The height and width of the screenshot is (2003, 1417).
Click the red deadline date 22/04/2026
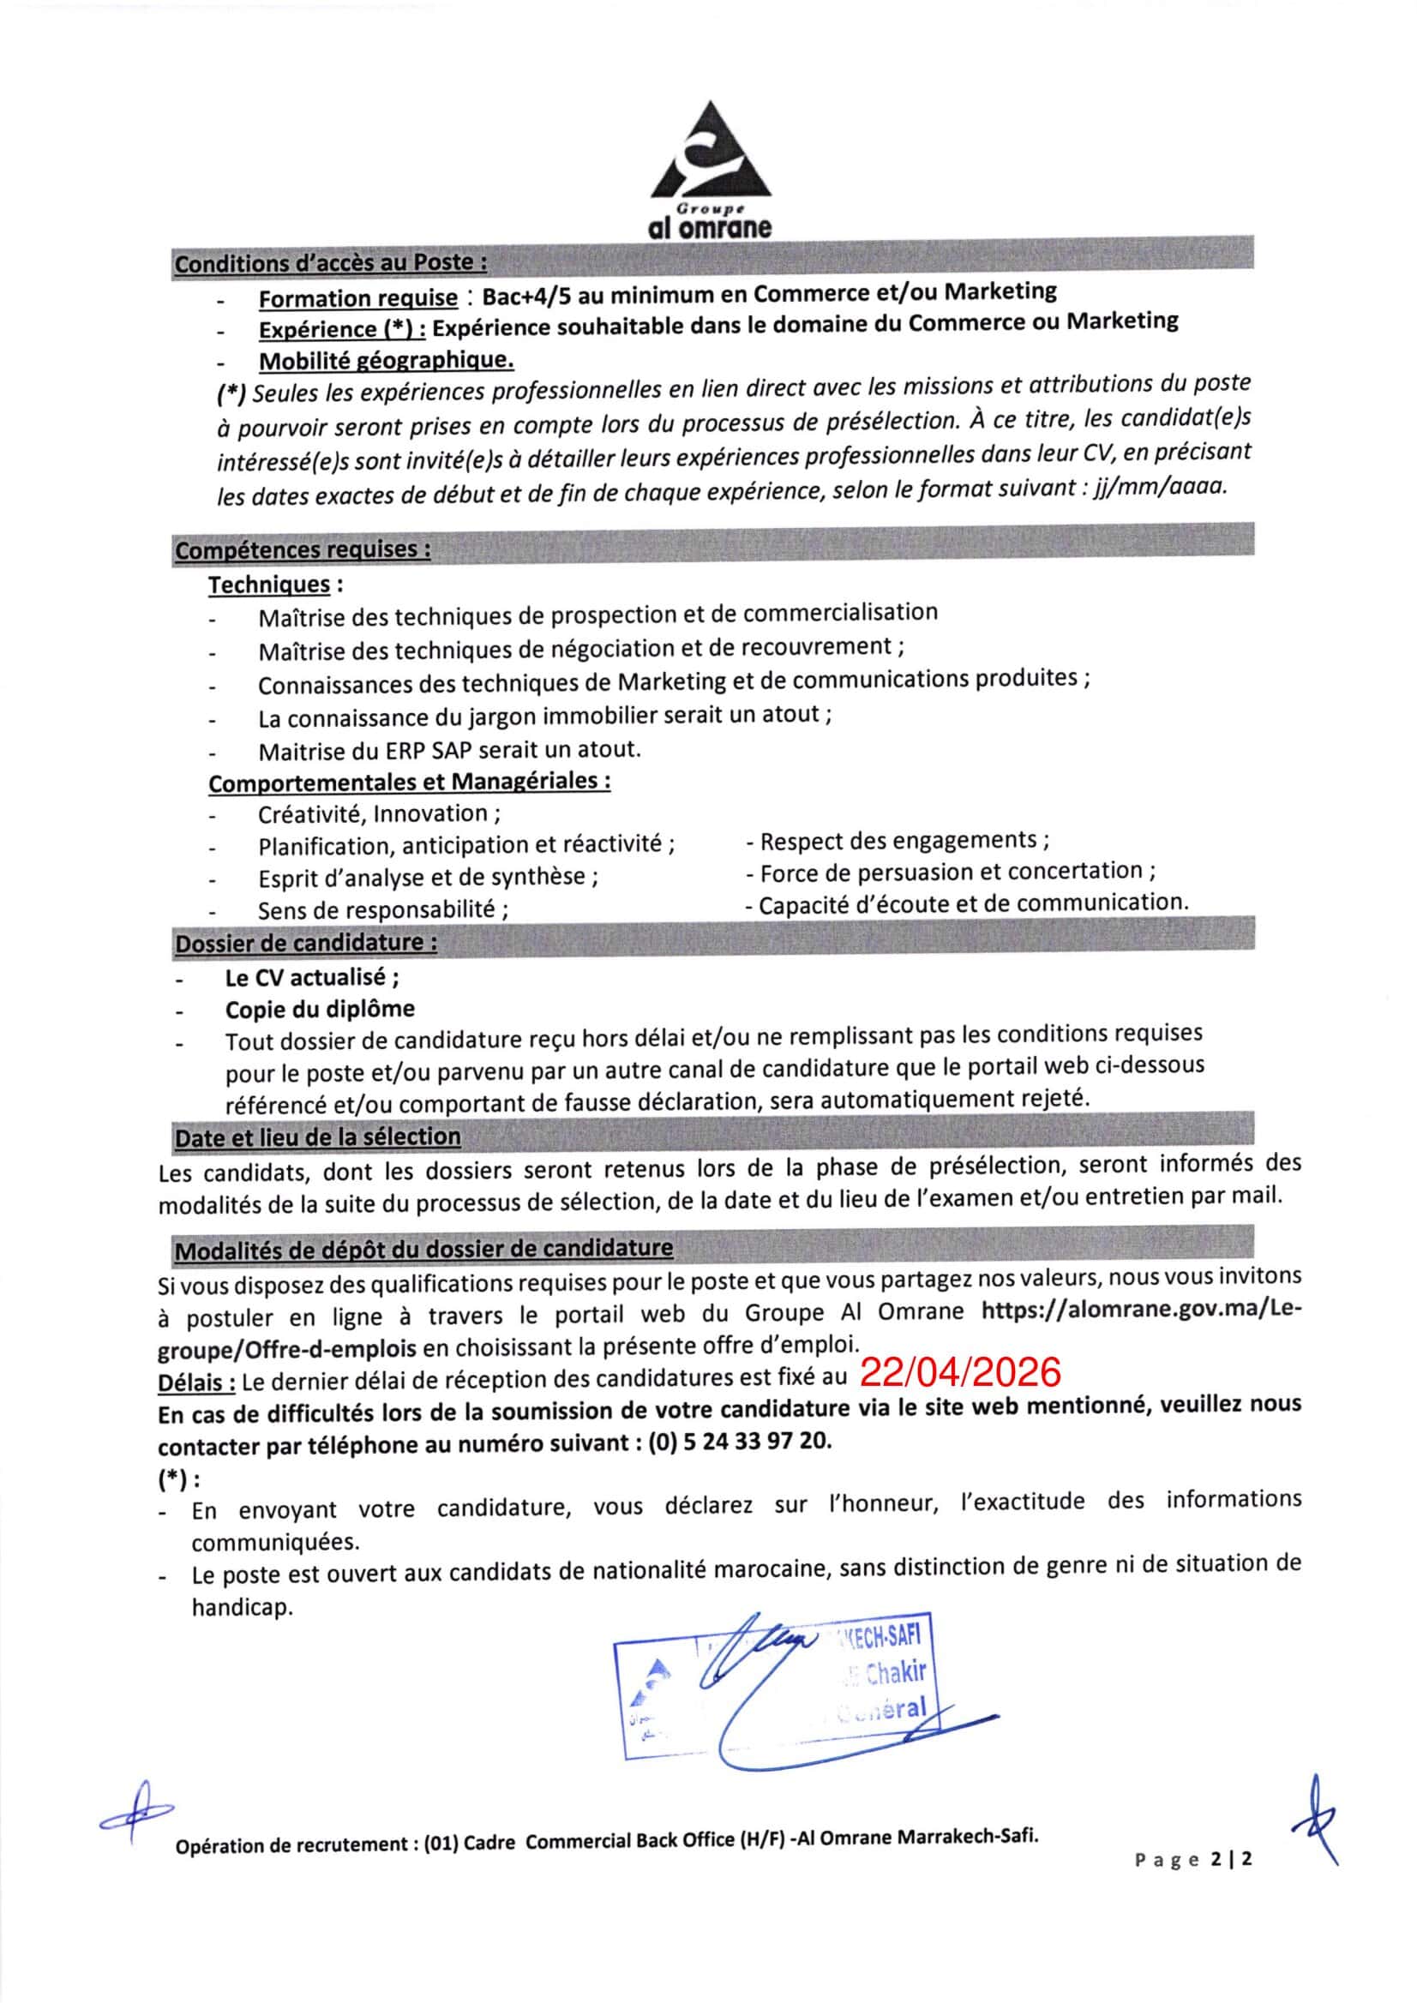tap(960, 1372)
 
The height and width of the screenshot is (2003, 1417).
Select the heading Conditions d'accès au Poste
tap(331, 262)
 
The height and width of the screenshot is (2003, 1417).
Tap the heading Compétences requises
tap(302, 550)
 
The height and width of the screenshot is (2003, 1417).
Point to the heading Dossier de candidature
tap(305, 943)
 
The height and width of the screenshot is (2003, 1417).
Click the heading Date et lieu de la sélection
tap(317, 1137)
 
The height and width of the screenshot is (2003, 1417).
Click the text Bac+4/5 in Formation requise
tap(525, 295)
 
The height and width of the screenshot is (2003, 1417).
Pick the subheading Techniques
tap(270, 585)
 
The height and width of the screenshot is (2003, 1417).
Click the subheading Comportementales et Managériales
tap(409, 782)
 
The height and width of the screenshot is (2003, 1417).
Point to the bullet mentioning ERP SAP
tap(449, 749)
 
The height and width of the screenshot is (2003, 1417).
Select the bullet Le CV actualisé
tap(312, 977)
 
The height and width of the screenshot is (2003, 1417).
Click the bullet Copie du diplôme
tap(320, 1010)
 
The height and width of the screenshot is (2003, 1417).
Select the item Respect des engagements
tap(904, 841)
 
